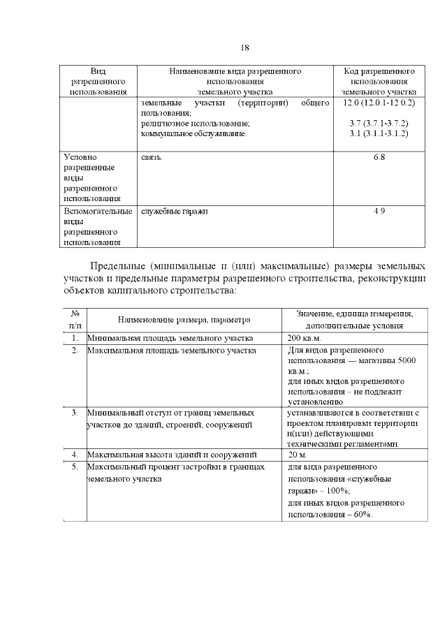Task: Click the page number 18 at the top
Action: tap(244, 48)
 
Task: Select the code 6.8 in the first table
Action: tap(379, 157)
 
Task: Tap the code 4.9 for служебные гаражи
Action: tap(379, 211)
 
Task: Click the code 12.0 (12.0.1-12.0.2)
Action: tap(379, 103)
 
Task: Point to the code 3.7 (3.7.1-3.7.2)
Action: tap(379, 123)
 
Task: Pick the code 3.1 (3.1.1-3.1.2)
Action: tap(379, 133)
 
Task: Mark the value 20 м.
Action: tap(298, 455)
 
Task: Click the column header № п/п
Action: tap(75, 320)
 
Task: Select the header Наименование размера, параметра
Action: tap(184, 320)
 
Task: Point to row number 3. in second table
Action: tap(74, 413)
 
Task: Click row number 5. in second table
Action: tap(74, 466)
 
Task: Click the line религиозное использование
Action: tap(195, 123)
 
